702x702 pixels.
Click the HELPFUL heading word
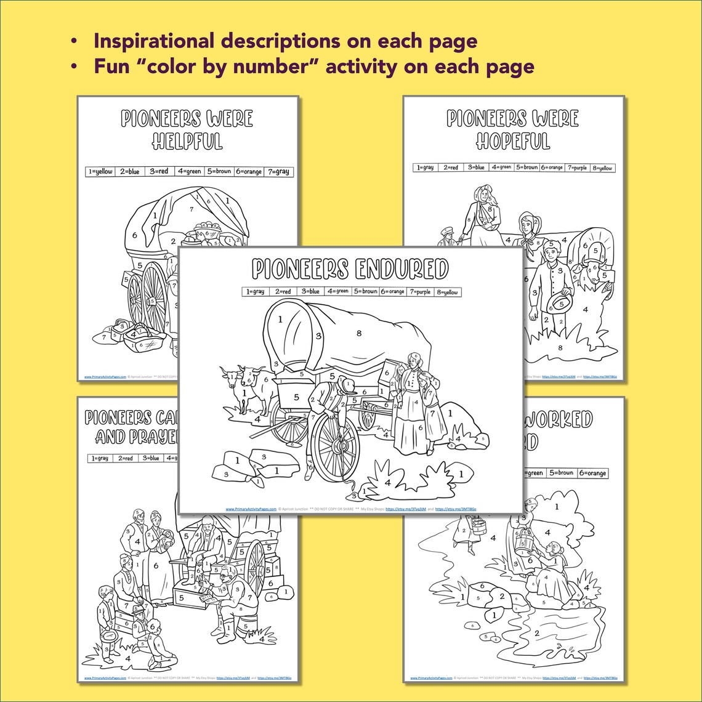click(x=187, y=141)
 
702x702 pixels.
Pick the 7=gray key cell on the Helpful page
click(x=277, y=172)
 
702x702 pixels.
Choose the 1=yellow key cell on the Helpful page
click(x=100, y=172)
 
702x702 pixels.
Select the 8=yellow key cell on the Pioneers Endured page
click(x=448, y=292)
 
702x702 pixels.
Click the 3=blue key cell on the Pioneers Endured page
click(x=310, y=292)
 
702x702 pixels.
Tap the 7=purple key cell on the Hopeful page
click(x=578, y=167)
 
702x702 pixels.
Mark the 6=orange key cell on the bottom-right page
click(x=592, y=473)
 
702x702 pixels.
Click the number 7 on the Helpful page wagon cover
click(x=192, y=210)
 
